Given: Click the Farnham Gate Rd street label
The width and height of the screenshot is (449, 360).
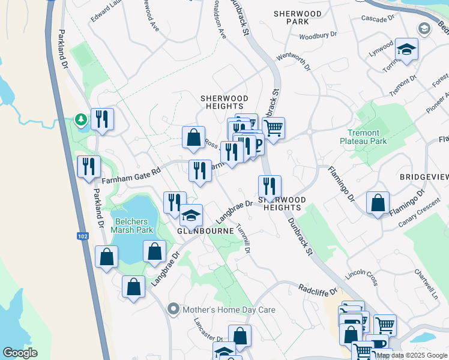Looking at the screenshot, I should point(131,175).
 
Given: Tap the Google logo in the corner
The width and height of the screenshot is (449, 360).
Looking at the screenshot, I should point(20,353).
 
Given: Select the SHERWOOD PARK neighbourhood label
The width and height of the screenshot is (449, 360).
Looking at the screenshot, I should point(298,17).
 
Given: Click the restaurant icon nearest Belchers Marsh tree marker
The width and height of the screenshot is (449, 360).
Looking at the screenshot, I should point(103,119).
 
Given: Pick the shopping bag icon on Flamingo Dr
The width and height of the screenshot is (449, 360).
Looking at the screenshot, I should point(378,203).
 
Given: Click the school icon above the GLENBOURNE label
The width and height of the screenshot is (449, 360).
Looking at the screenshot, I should point(191,215).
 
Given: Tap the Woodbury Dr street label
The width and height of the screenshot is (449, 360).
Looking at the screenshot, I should point(318,35).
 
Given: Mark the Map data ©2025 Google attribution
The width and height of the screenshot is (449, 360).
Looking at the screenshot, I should point(411,355).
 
